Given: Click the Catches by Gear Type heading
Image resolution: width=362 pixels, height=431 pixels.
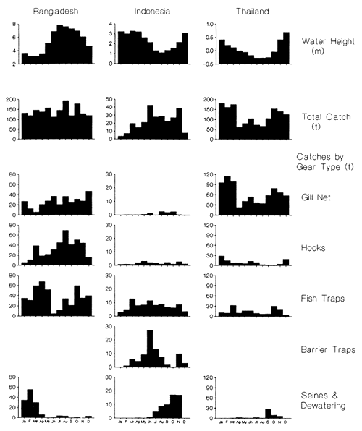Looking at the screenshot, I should (x=324, y=161).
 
